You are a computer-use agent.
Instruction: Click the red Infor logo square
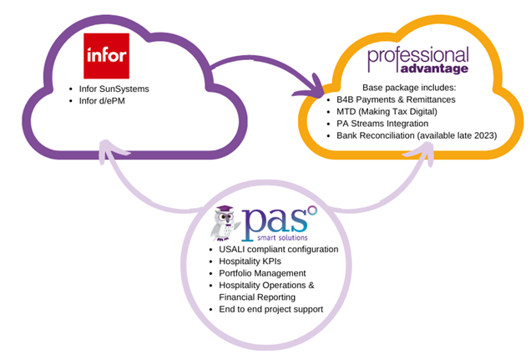pyautogui.click(x=106, y=56)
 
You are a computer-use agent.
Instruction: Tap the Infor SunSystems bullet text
pyautogui.click(x=114, y=89)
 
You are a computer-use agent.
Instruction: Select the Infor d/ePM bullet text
pyautogui.click(x=102, y=101)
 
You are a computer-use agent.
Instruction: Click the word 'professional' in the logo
pyautogui.click(x=418, y=57)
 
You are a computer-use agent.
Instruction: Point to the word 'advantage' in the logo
pyautogui.click(x=434, y=68)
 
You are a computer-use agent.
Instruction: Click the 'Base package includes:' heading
pyautogui.click(x=409, y=88)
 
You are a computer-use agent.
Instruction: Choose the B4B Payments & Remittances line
pyautogui.click(x=396, y=99)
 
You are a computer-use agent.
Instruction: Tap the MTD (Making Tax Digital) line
pyautogui.click(x=387, y=112)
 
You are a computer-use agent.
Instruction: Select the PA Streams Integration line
pyautogui.click(x=382, y=124)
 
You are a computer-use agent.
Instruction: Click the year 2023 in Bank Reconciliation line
pyautogui.click(x=485, y=135)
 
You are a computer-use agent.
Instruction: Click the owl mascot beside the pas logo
pyautogui.click(x=225, y=223)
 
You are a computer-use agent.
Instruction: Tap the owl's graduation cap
pyautogui.click(x=225, y=209)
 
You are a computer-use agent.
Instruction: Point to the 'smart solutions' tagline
pyautogui.click(x=282, y=238)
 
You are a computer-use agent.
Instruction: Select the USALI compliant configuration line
pyautogui.click(x=278, y=249)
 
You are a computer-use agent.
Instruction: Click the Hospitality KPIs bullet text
pyautogui.click(x=250, y=261)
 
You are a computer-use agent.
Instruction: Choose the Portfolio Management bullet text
pyautogui.click(x=262, y=273)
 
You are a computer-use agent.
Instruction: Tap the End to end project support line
pyautogui.click(x=271, y=309)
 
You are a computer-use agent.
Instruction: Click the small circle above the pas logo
pyautogui.click(x=312, y=210)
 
